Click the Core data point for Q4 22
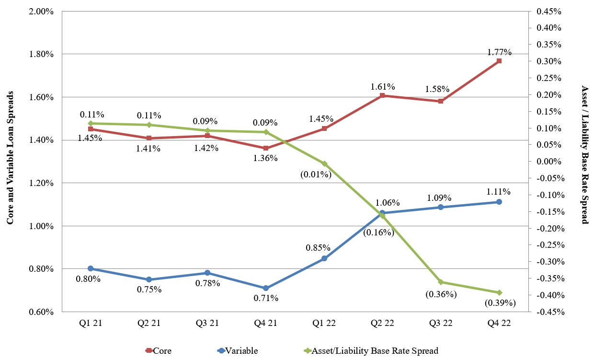click(499, 61)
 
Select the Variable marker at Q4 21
click(265, 288)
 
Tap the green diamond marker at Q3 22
click(440, 282)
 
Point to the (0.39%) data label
click(500, 303)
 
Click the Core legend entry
click(158, 351)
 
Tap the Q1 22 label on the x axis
click(324, 323)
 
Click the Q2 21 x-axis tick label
click(148, 323)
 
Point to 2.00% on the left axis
click(42, 11)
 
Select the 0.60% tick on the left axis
click(42, 312)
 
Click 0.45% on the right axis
click(548, 11)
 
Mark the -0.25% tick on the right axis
click(549, 245)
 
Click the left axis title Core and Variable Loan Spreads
click(10, 158)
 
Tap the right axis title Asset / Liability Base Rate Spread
click(584, 154)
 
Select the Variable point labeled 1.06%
click(382, 213)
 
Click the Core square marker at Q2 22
click(382, 96)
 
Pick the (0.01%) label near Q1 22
click(316, 174)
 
